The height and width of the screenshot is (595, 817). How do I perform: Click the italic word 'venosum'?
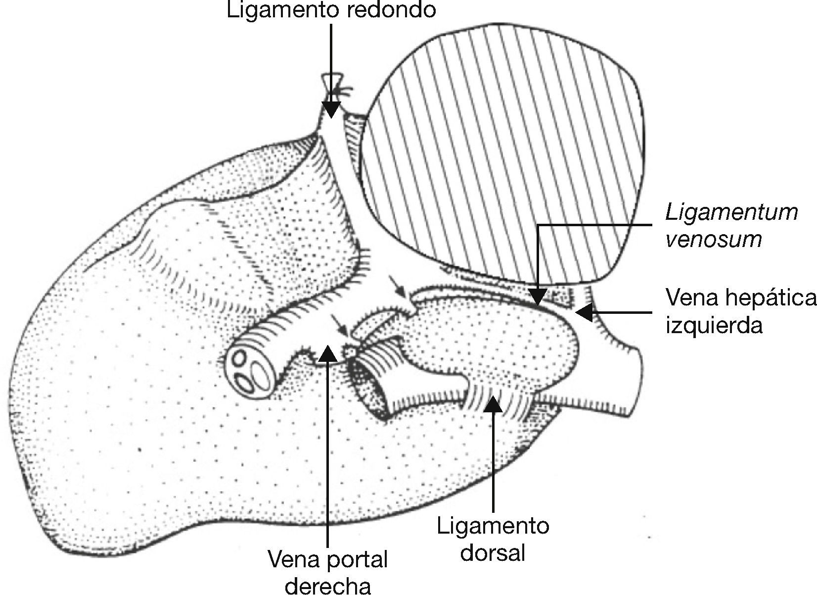[x=713, y=240]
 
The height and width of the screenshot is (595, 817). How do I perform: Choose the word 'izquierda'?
[x=714, y=326]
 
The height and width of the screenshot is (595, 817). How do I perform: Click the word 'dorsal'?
[x=492, y=552]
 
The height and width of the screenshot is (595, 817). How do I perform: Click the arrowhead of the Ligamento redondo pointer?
[x=331, y=109]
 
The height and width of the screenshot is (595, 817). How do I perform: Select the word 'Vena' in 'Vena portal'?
[x=294, y=560]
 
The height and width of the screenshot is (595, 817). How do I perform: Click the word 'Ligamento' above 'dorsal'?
[x=493, y=526]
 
